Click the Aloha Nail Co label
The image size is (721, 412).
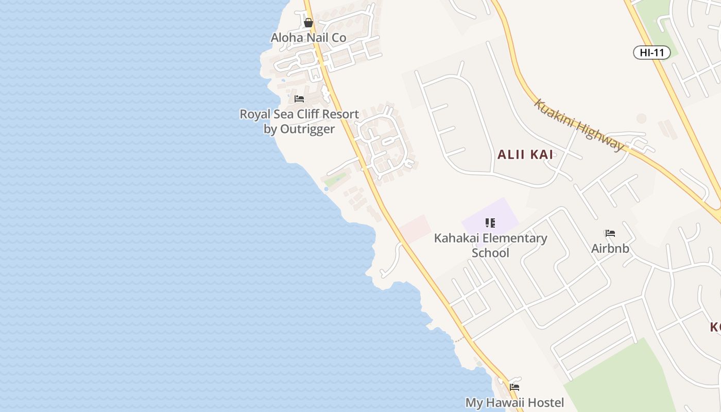coord(308,38)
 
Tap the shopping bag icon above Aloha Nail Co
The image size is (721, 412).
coord(308,23)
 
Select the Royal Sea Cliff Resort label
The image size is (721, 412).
coord(299,121)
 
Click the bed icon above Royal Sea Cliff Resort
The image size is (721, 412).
coord(299,99)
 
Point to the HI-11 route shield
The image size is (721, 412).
coord(651,52)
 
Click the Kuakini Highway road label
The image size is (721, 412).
coord(579,125)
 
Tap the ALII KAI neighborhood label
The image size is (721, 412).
coord(525,154)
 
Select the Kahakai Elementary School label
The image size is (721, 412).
coord(490,245)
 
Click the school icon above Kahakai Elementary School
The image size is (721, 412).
coord(490,223)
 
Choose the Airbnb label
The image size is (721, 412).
coord(610,248)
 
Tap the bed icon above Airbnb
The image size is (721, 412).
coord(610,233)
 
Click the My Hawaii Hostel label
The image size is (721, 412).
coord(514,402)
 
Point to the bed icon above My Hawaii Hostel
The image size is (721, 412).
coord(514,387)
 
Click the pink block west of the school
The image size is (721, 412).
coord(416,228)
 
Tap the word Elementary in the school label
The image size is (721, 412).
coord(509,238)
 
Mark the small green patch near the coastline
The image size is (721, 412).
coord(335,179)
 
